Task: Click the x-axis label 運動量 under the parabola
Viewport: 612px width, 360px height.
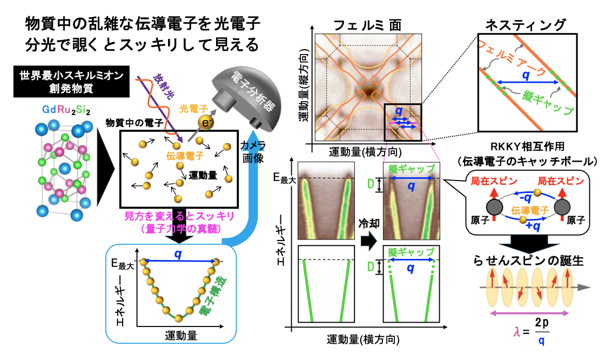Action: pyautogui.click(x=180, y=335)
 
